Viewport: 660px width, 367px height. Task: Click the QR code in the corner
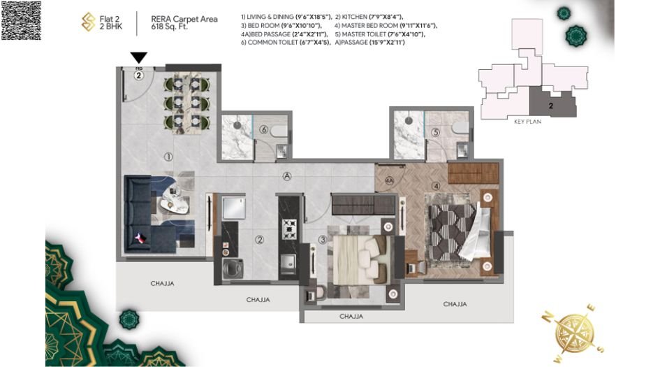(20, 20)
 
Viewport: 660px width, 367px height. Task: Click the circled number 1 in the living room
(167, 157)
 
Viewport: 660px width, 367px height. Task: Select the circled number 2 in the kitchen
(259, 239)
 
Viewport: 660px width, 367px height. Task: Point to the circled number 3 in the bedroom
(322, 240)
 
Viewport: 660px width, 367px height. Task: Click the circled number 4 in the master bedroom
(436, 186)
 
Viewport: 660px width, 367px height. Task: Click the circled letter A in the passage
(287, 176)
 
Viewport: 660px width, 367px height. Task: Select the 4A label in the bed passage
(390, 181)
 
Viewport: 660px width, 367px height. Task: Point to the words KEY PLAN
(528, 121)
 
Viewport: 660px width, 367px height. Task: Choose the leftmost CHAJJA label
(161, 283)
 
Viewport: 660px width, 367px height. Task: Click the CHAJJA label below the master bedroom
(455, 304)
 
